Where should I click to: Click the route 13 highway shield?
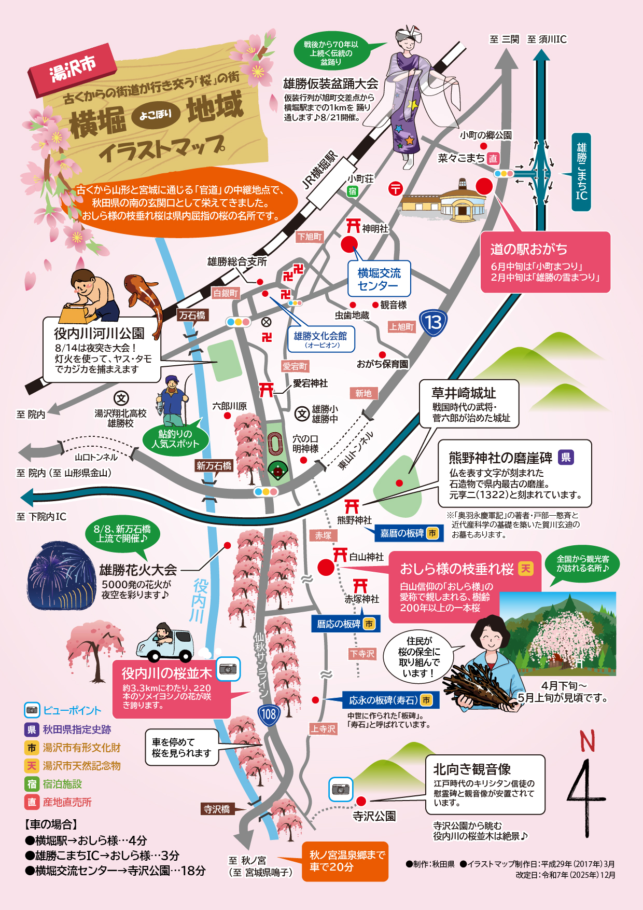[434, 323]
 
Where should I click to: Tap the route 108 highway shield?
[269, 715]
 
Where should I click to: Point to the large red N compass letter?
[587, 741]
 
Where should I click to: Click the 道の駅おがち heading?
[528, 250]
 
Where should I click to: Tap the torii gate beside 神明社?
[353, 226]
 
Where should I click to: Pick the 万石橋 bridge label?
[192, 315]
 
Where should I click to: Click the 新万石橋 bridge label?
[214, 466]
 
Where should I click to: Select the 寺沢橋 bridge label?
[217, 809]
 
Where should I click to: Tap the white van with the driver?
[165, 644]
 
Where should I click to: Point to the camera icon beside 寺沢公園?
[341, 789]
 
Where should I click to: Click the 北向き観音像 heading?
[472, 769]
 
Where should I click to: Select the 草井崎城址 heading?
[464, 393]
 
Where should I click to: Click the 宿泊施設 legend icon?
[32, 784]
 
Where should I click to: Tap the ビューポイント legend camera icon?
[32, 710]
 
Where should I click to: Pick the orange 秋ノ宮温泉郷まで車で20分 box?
[345, 861]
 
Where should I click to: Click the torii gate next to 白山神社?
[340, 555]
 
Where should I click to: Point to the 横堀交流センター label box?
[379, 279]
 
